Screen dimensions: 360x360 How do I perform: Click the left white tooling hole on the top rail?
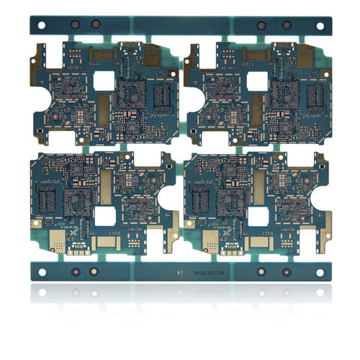[x=41, y=24]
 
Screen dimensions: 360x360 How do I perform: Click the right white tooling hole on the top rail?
[x=319, y=24]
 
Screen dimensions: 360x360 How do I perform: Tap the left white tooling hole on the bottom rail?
[x=41, y=271]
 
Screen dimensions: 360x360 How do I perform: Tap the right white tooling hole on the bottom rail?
[x=319, y=271]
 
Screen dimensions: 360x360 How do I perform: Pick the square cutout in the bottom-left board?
[x=104, y=217]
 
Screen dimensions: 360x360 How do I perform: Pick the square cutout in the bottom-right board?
[x=257, y=217]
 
